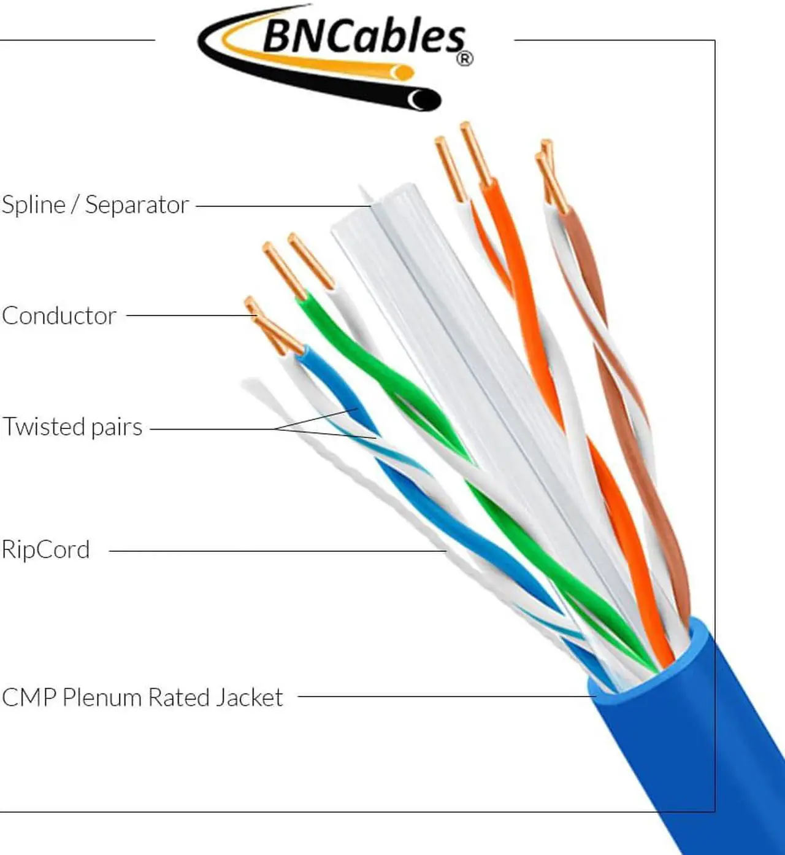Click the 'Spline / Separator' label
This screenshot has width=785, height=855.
point(95,205)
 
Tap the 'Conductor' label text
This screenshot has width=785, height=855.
point(59,316)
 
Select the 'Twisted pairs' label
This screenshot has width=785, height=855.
point(72,427)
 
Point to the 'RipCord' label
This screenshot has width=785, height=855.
point(46,550)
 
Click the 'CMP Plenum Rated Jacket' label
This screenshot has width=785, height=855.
point(142,698)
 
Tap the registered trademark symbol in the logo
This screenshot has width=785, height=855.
point(465,59)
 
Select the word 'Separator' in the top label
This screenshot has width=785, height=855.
point(137,205)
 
